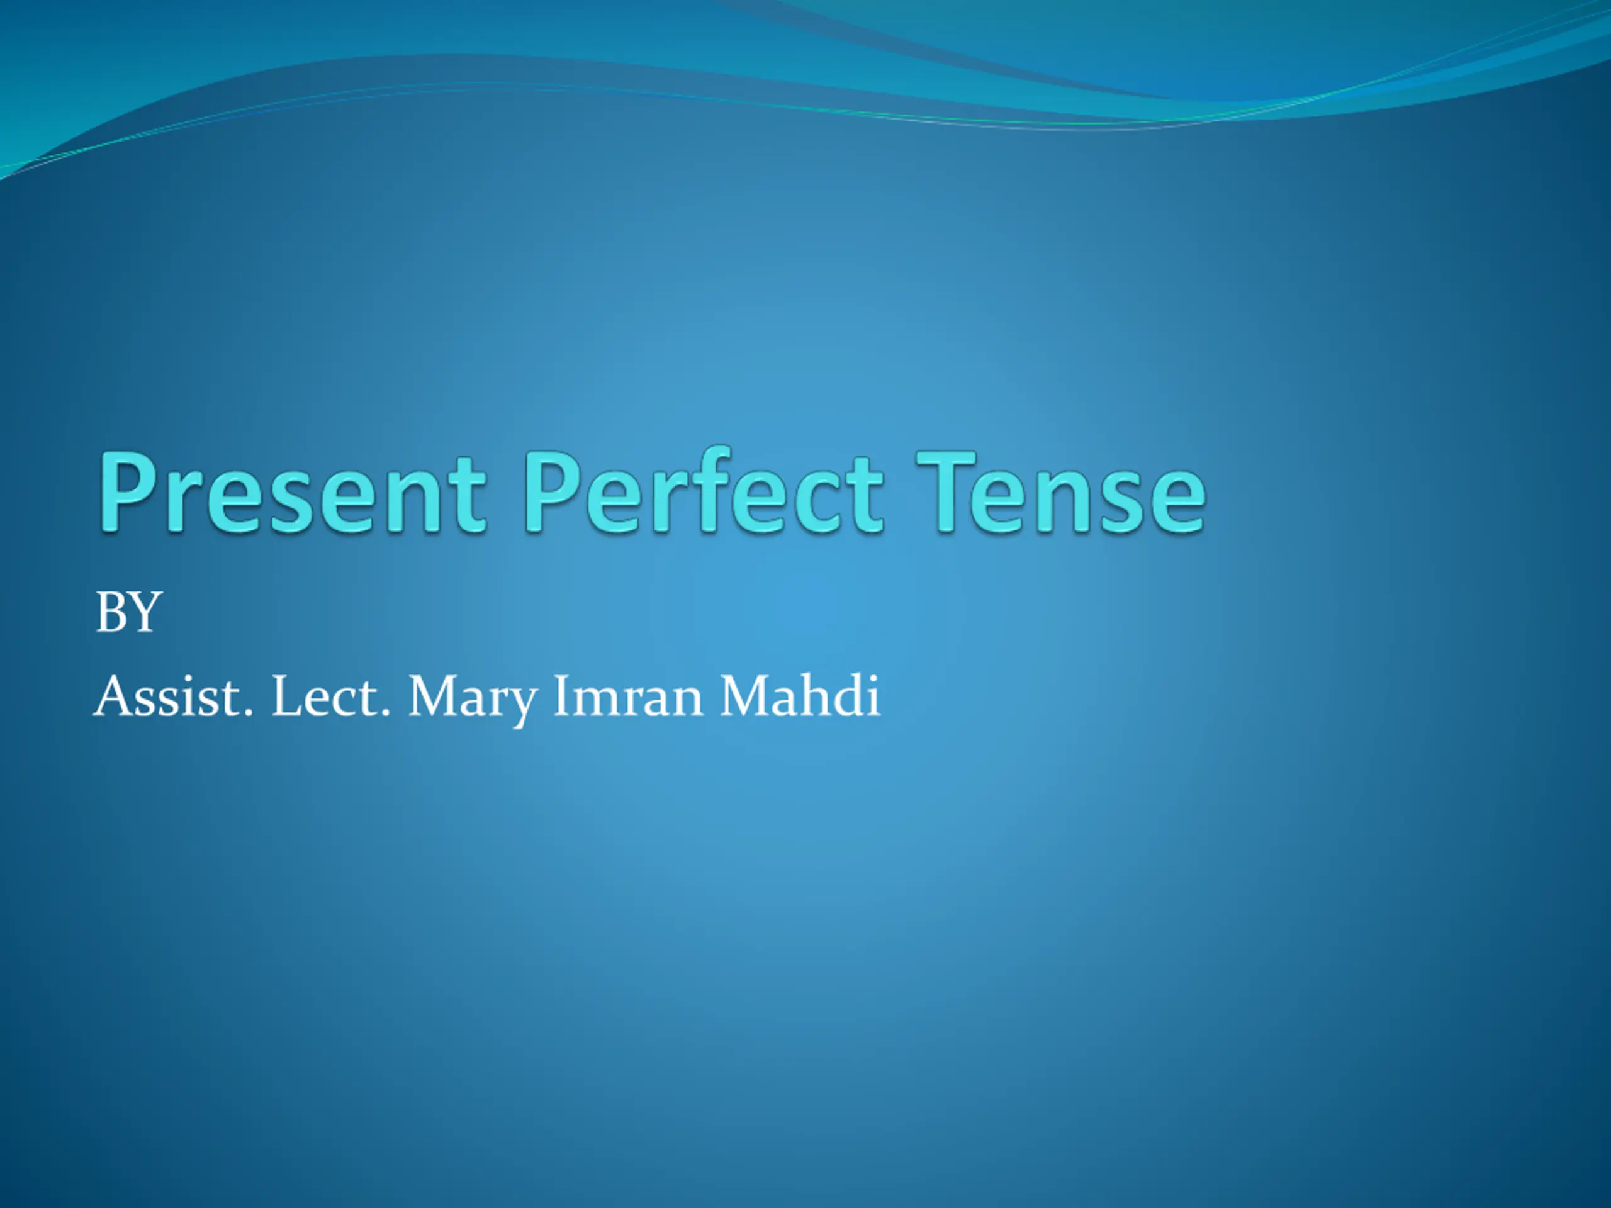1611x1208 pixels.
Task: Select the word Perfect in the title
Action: point(704,489)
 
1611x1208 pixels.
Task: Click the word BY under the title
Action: point(128,612)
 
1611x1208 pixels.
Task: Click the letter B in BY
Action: point(111,612)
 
